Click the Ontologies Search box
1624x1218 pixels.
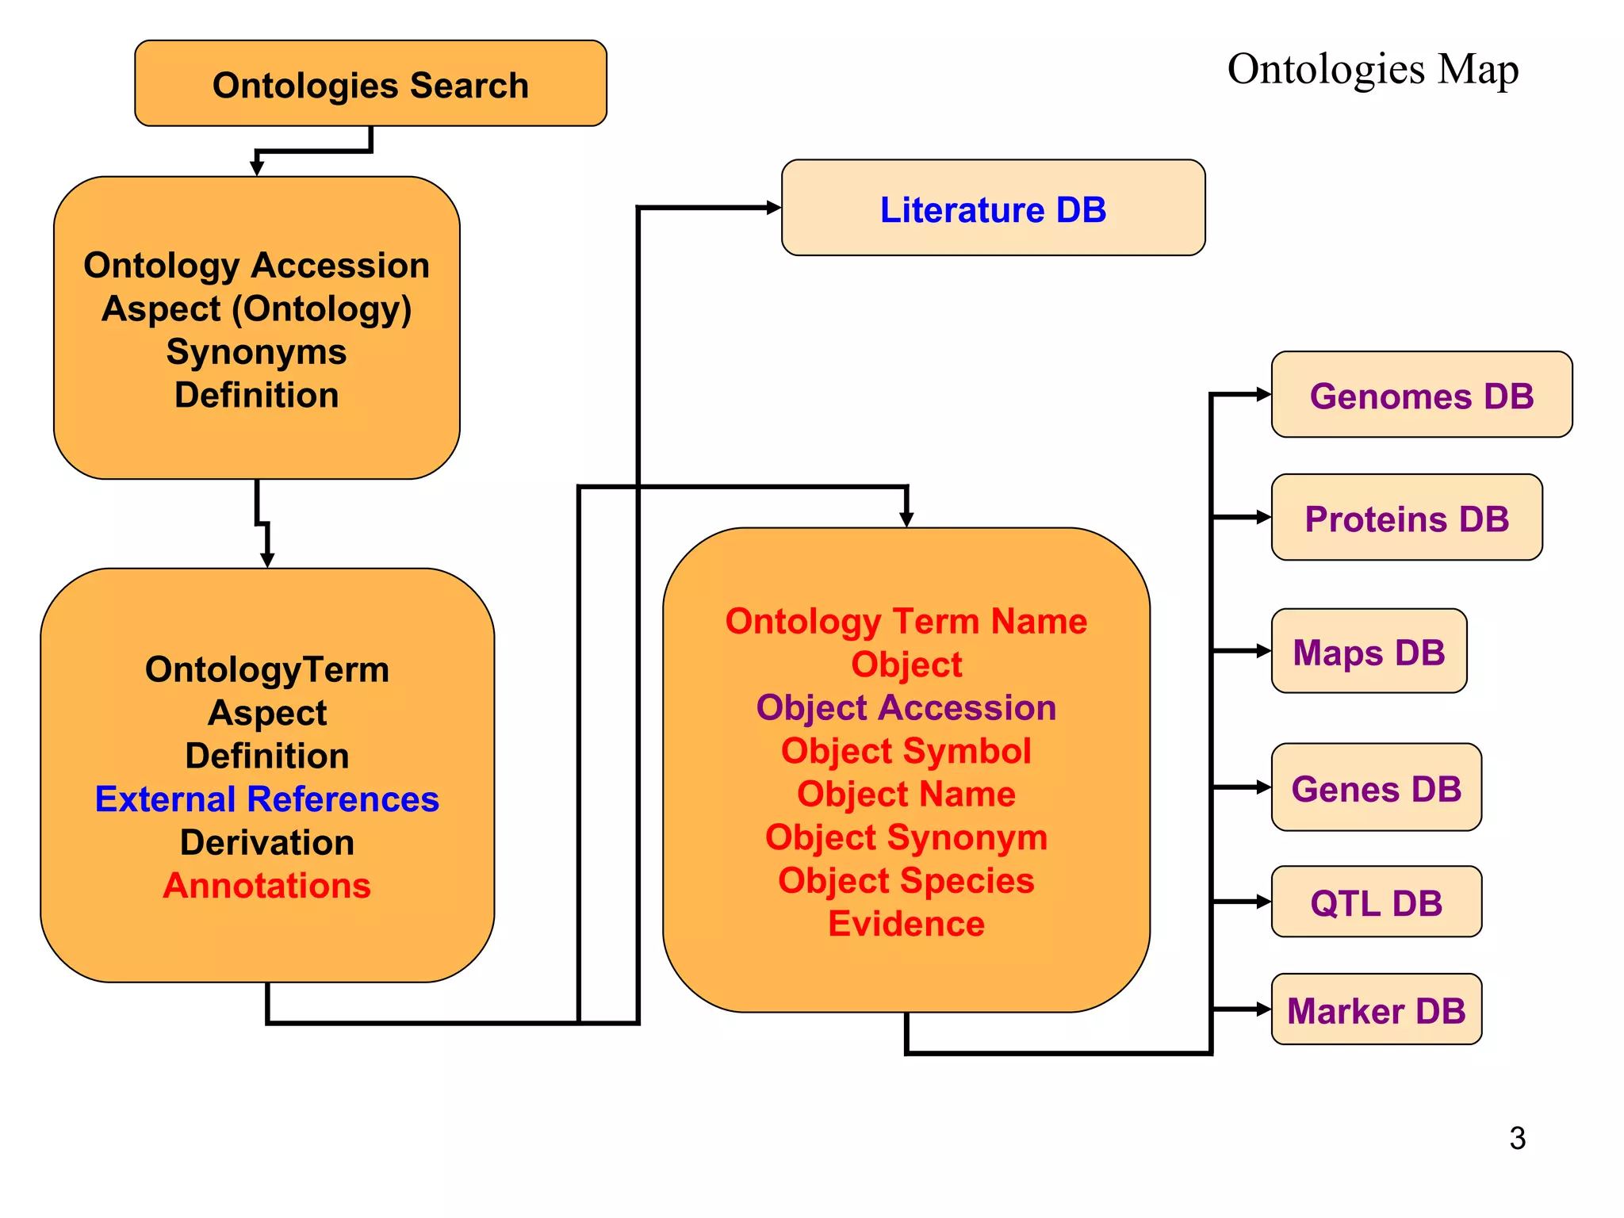coord(370,84)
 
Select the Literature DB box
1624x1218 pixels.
coord(993,209)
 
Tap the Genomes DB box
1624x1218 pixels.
coord(1421,396)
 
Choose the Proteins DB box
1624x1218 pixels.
coord(1406,519)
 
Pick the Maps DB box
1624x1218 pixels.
coord(1369,652)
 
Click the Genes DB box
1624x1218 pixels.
coord(1376,788)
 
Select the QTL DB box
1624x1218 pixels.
coord(1376,902)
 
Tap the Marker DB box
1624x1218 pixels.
coord(1376,1010)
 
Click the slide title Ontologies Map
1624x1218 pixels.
coord(1373,69)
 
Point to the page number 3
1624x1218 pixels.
coord(1517,1138)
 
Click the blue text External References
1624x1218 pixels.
coord(266,799)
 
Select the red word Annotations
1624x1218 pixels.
coord(266,885)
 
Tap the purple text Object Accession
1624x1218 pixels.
coord(906,707)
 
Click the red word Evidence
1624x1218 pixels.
coord(906,924)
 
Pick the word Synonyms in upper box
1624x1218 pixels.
coord(256,351)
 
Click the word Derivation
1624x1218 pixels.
coord(266,842)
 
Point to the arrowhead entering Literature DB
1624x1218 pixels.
coord(773,208)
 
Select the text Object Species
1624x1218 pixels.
coord(906,880)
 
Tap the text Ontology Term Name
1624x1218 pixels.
coord(906,621)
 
